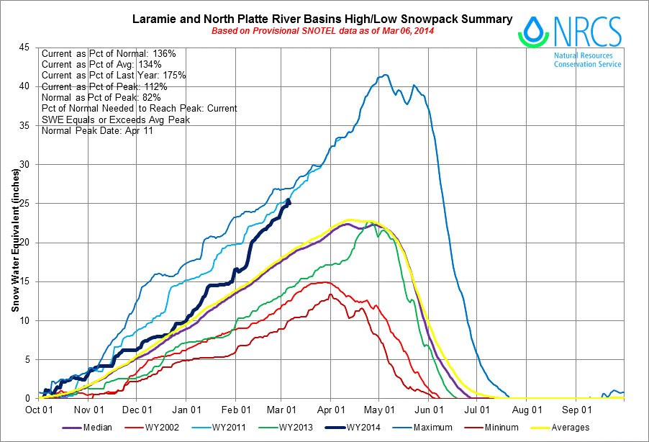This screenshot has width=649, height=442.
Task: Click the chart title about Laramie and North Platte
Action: click(x=322, y=19)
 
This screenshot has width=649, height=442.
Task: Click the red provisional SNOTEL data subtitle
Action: click(x=322, y=32)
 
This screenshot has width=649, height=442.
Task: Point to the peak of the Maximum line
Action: click(x=386, y=75)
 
